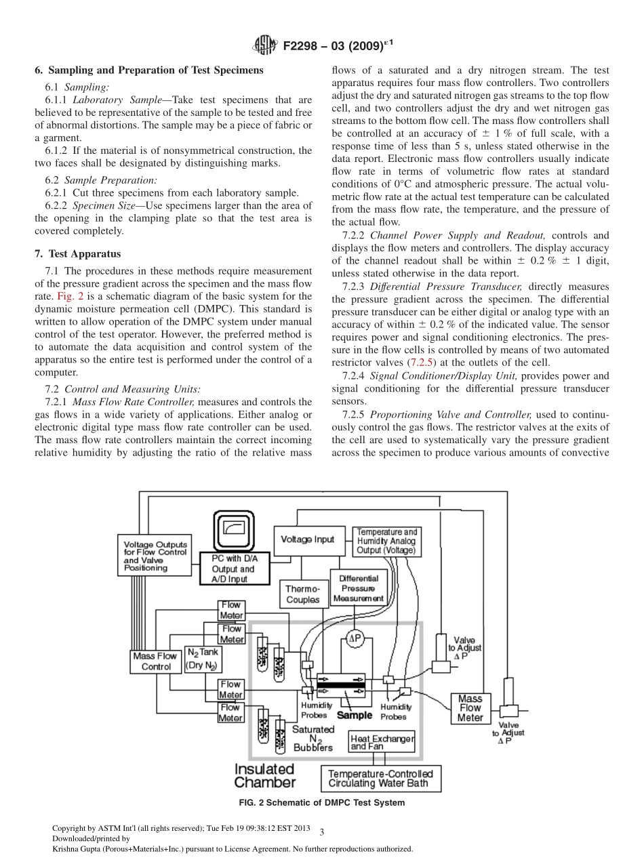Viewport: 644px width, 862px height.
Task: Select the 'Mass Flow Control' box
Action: pos(156,661)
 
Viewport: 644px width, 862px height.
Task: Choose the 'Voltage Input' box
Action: pos(308,539)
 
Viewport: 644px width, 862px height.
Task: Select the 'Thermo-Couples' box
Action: pos(302,595)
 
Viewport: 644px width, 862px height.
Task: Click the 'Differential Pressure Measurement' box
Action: pos(359,588)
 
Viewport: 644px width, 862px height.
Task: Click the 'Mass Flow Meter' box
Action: pos(470,708)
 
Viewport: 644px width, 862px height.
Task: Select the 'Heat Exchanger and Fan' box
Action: pos(382,742)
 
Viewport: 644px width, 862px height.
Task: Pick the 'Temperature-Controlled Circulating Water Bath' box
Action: pos(380,778)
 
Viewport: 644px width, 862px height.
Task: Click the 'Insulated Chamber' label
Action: pos(265,776)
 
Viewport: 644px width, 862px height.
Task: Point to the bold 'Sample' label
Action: pos(355,715)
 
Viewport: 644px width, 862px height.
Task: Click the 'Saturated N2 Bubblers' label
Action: pos(313,738)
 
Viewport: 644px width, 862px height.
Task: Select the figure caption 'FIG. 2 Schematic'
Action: pos(321,803)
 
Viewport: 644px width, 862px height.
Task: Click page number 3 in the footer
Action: pos(321,832)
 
